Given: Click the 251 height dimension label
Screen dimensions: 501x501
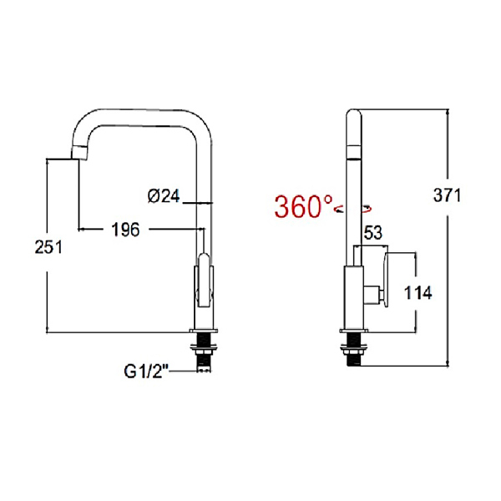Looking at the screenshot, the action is click(48, 247).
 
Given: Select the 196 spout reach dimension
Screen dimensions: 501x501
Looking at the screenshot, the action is click(125, 230).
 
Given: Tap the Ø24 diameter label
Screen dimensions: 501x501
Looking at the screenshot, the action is click(164, 196).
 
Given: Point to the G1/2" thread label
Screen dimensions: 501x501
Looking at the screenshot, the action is click(146, 372).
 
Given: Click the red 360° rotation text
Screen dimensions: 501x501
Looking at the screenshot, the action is click(303, 206).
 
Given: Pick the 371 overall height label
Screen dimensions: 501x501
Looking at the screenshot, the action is click(447, 195).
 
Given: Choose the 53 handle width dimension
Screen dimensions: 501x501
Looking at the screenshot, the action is click(373, 233).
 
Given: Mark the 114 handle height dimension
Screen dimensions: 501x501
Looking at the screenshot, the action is click(418, 292).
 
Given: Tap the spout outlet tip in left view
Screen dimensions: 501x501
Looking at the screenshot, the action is click(79, 153).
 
